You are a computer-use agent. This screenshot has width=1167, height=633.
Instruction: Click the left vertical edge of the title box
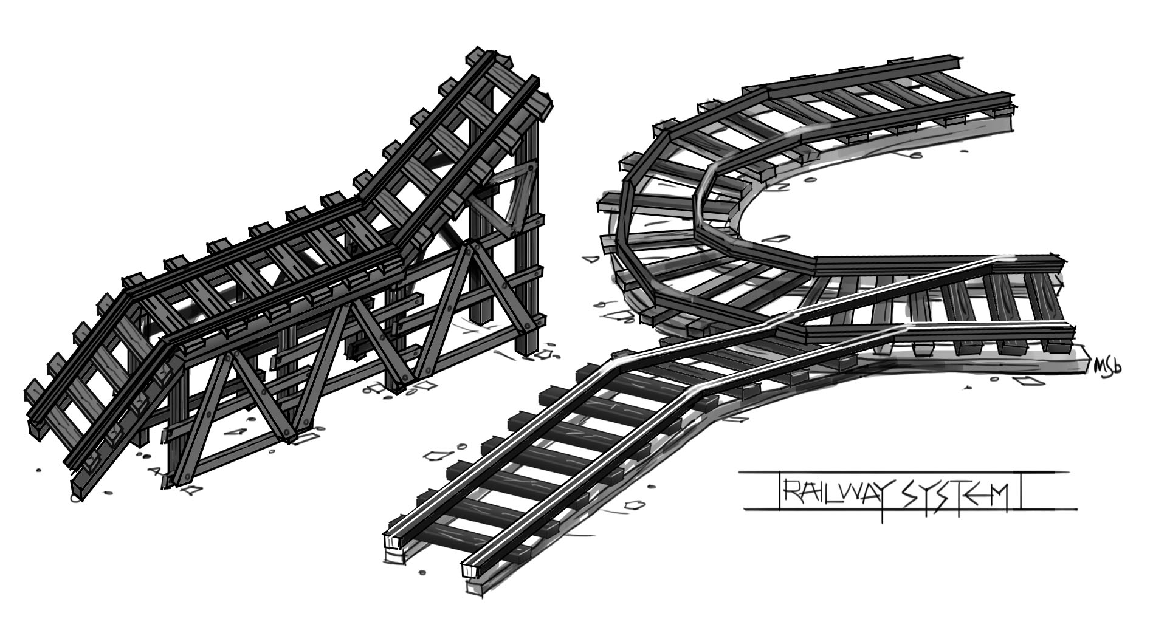coord(779,490)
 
